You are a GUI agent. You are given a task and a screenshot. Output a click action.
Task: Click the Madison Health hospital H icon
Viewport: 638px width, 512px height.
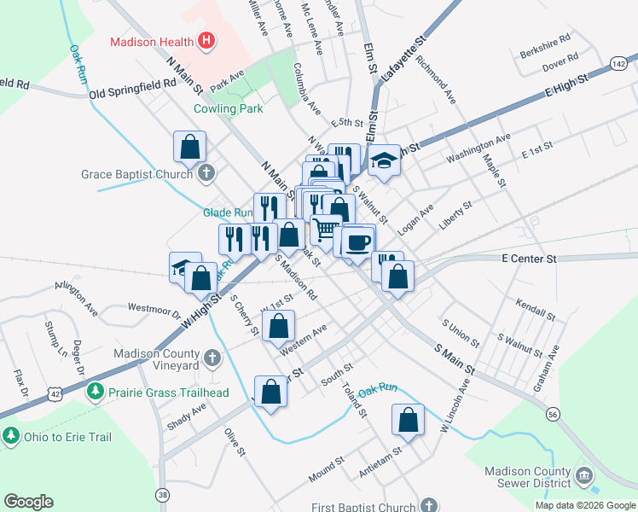pos(205,40)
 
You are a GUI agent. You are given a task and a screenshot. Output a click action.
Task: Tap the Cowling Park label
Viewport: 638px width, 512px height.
pos(228,108)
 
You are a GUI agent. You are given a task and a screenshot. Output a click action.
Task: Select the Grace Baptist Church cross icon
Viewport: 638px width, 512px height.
pos(205,174)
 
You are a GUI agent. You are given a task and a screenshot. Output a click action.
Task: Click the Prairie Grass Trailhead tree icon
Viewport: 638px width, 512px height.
pos(96,392)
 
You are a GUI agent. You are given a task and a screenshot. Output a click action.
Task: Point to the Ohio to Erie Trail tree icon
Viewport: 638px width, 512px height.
pos(10,436)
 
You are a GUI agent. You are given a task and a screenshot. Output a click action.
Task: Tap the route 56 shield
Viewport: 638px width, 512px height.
pos(553,413)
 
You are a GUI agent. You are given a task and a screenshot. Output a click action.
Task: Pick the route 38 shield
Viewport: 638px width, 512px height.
pos(163,494)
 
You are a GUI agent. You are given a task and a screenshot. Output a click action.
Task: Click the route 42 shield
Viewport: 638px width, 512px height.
pos(55,394)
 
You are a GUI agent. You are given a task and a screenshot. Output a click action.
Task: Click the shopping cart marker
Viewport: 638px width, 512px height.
pos(325,229)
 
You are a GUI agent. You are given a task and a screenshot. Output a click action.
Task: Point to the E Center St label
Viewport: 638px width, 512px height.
pos(529,258)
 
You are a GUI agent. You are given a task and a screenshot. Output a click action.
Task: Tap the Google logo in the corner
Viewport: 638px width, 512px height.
pos(28,502)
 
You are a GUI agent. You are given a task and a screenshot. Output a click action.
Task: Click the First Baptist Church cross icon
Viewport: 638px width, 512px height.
pos(428,505)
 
